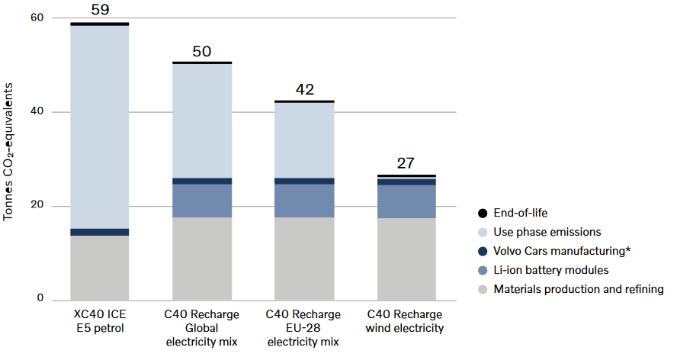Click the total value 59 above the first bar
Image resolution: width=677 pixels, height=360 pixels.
[x=100, y=9]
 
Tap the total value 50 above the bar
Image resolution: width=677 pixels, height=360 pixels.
[x=201, y=51]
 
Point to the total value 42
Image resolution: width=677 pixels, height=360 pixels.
[x=304, y=89]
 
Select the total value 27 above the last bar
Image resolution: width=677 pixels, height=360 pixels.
[x=406, y=163]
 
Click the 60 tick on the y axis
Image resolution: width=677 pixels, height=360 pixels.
[x=37, y=18]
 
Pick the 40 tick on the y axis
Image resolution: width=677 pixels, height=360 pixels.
[x=37, y=111]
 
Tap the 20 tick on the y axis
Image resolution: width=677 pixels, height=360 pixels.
[x=37, y=204]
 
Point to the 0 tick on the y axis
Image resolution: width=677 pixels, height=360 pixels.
[x=40, y=297]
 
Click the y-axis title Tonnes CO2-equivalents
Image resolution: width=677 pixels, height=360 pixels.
[x=8, y=152]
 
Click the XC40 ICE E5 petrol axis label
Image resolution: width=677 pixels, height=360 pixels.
[x=100, y=321]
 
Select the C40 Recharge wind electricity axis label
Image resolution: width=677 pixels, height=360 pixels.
[x=405, y=321]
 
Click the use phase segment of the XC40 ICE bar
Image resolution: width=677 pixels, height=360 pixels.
[x=100, y=127]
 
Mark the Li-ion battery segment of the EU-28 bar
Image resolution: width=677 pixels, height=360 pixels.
[x=304, y=201]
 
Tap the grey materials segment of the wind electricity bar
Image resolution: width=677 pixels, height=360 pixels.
[x=406, y=259]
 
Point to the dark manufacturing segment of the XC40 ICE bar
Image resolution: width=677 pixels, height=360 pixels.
[x=100, y=232]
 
